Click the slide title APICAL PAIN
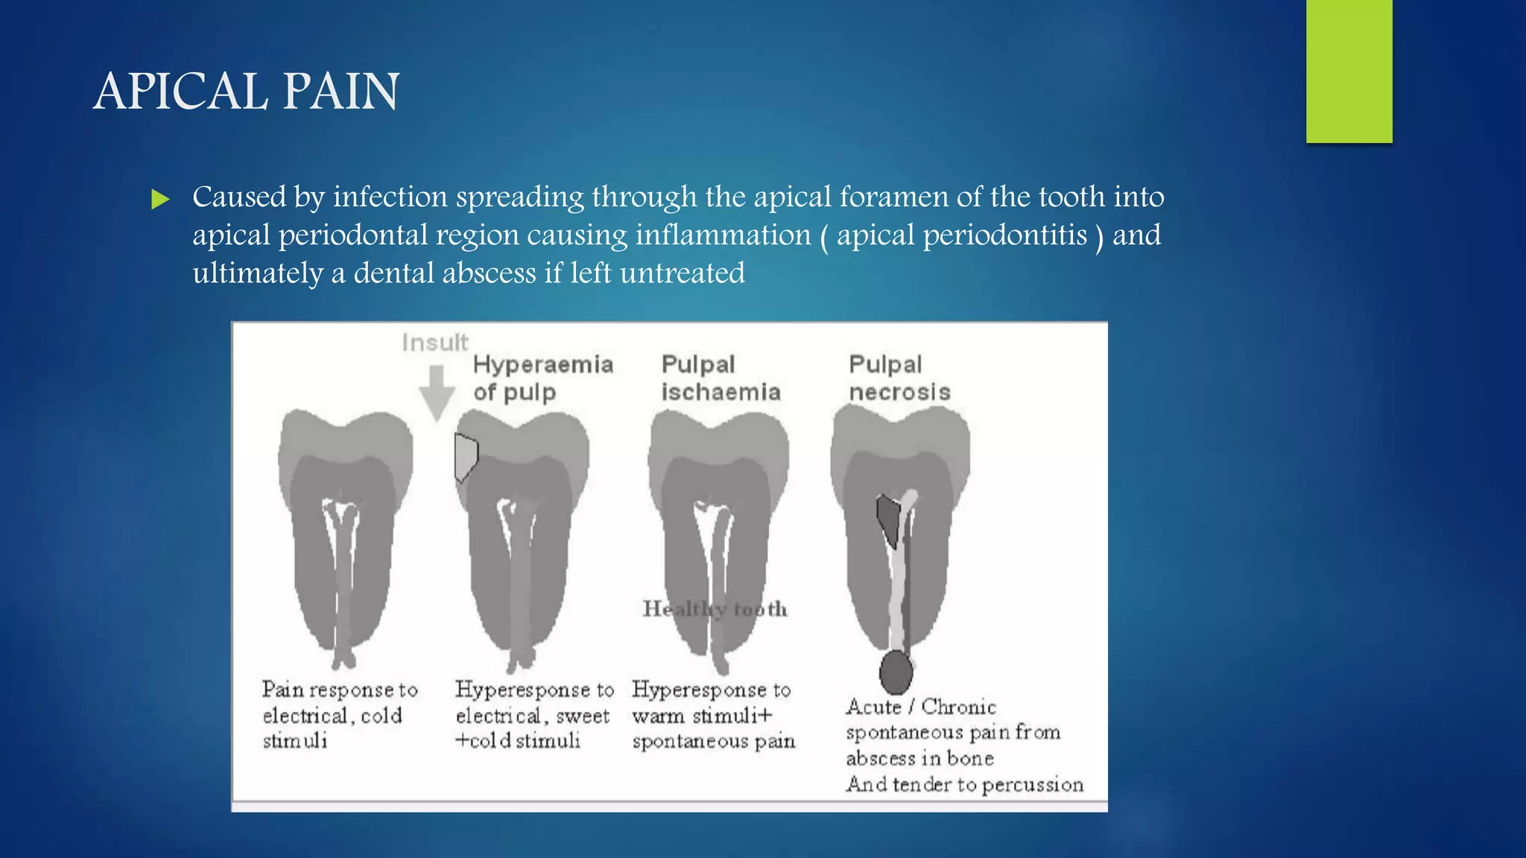[x=246, y=92]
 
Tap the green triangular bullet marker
[x=159, y=199]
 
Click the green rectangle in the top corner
[x=1349, y=71]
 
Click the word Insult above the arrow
[x=434, y=343]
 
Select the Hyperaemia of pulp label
[x=542, y=378]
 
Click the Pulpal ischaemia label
[x=720, y=378]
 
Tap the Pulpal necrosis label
[x=899, y=378]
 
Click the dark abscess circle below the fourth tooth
[x=896, y=673]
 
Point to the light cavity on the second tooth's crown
[x=466, y=456]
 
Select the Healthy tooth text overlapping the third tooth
[x=715, y=609]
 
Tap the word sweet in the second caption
[x=582, y=716]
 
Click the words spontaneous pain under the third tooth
[x=713, y=742]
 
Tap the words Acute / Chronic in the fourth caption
[x=920, y=707]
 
